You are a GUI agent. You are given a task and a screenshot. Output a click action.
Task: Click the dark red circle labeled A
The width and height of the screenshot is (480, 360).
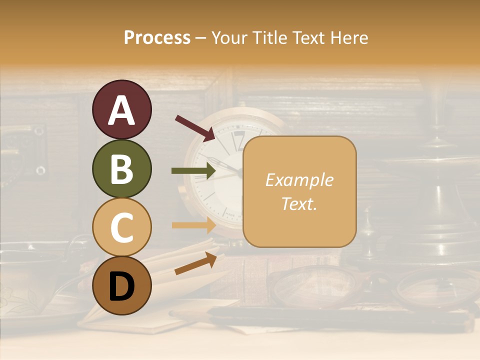click(121, 109)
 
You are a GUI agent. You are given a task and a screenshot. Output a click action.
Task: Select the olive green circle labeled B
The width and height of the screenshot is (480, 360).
click(121, 168)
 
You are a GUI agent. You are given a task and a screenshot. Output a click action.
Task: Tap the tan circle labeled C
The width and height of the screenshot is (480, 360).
click(121, 227)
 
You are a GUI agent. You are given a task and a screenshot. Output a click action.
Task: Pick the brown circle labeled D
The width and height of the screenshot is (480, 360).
click(121, 285)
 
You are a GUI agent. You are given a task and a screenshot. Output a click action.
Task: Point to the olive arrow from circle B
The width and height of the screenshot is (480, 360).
click(193, 171)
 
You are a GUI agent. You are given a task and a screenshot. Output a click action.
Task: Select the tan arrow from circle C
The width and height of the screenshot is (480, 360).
click(193, 225)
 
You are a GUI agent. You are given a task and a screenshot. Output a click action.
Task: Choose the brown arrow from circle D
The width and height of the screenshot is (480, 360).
click(195, 263)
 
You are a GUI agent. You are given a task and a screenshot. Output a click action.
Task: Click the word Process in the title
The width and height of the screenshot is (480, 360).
click(157, 37)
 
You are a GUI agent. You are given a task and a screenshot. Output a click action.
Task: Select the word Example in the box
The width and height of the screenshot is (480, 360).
click(299, 180)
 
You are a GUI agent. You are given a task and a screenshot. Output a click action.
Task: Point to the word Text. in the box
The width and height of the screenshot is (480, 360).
click(299, 203)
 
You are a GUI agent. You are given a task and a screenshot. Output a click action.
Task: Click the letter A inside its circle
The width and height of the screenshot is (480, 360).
click(121, 110)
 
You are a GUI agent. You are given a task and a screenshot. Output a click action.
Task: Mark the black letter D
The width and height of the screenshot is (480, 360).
click(121, 286)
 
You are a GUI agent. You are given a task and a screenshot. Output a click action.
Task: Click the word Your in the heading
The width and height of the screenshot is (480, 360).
click(229, 37)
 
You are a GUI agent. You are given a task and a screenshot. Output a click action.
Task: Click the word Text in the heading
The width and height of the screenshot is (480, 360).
click(305, 37)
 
